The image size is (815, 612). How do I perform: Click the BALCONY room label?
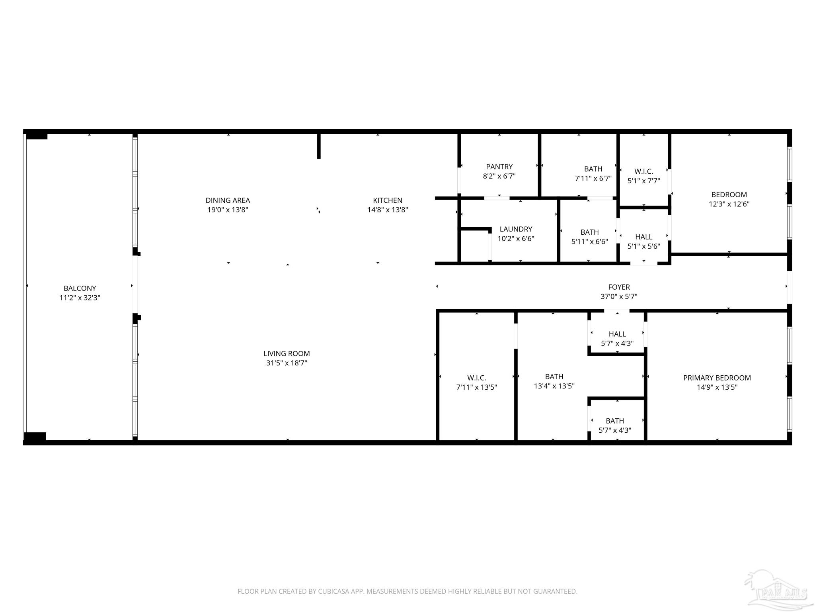tap(80, 288)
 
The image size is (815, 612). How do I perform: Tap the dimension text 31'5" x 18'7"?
tap(287, 363)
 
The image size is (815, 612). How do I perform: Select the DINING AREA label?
tap(228, 200)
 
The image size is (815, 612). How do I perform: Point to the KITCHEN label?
tap(388, 200)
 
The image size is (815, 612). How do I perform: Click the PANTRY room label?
tap(499, 167)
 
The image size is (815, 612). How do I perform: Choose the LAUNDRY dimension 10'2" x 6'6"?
tap(516, 239)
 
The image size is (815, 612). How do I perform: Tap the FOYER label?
tap(619, 287)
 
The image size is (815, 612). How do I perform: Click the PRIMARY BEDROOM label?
tap(717, 378)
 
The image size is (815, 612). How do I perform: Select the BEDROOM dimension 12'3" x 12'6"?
tap(729, 204)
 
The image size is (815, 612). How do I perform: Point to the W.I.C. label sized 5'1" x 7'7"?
tap(643, 171)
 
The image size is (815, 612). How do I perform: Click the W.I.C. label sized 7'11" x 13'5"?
tap(476, 378)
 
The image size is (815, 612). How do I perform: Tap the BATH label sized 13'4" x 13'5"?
tap(554, 377)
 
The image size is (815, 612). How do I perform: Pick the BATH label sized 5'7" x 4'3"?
tap(614, 421)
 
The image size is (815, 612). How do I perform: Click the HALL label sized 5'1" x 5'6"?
tap(643, 237)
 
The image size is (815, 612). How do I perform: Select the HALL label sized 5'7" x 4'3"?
tap(617, 334)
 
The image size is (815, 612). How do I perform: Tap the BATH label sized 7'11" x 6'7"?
tap(593, 169)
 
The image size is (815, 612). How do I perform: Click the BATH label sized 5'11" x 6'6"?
tap(589, 232)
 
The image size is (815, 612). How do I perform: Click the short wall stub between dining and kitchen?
tap(319, 146)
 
